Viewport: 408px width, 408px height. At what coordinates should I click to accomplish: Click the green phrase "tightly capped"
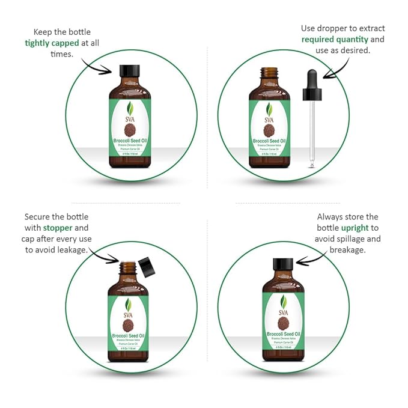click(53, 43)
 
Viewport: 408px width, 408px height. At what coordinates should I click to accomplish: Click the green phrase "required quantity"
click(334, 40)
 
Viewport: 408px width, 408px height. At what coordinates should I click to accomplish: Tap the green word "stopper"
click(58, 228)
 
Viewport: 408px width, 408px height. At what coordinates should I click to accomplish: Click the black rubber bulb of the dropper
click(312, 82)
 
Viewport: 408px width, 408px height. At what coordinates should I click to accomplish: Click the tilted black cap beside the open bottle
click(145, 265)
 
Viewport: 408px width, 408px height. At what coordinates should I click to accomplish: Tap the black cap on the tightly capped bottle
click(129, 72)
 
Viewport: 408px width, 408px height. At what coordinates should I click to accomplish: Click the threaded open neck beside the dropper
click(269, 75)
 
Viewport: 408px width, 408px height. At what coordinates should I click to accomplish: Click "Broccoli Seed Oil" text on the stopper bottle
click(128, 335)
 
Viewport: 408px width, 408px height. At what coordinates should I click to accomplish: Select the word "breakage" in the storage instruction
click(348, 249)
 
